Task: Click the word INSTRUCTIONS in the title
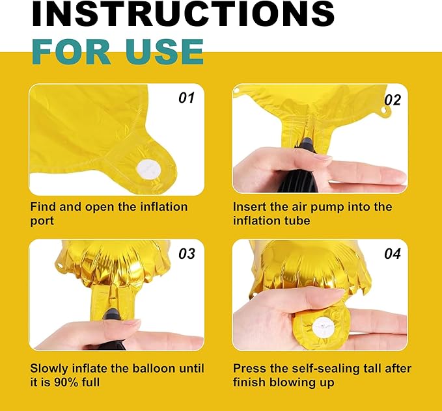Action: point(183,14)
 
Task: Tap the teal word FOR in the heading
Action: point(72,52)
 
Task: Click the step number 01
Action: point(186,98)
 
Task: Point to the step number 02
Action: point(393,100)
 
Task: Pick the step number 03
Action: point(187,254)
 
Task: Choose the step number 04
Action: point(393,254)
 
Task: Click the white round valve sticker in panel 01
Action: point(148,170)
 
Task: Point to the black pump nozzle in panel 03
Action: point(112,315)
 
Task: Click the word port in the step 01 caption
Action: point(42,221)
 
